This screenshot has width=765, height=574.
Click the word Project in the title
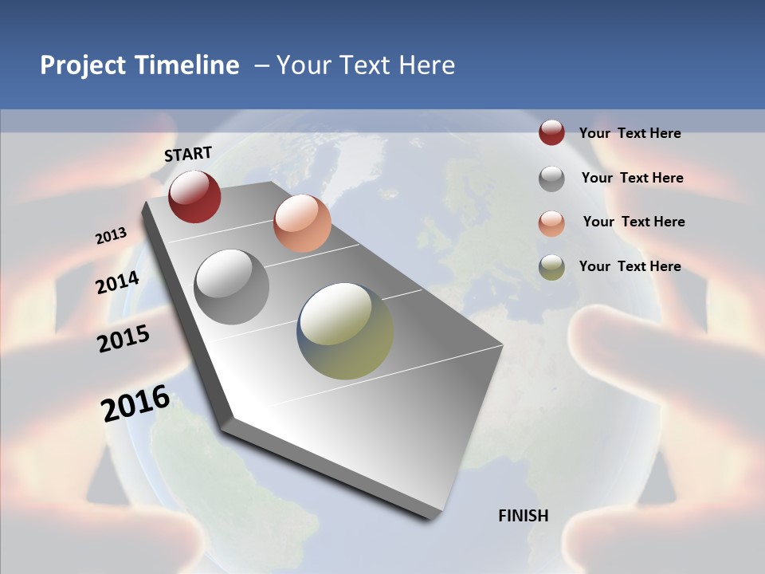click(84, 65)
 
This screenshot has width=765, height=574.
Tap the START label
click(188, 154)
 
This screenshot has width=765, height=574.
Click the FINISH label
click(524, 516)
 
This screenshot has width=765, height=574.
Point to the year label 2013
click(112, 236)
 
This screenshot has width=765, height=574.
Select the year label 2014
click(118, 282)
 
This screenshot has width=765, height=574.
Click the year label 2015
click(124, 339)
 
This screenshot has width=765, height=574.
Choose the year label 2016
click(135, 403)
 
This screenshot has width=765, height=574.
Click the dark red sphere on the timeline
click(194, 196)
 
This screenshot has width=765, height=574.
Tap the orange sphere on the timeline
click(302, 223)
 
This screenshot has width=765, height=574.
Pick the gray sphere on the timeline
click(232, 287)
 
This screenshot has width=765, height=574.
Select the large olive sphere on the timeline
click(345, 331)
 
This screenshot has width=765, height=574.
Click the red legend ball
click(551, 132)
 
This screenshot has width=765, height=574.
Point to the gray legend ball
click(551, 178)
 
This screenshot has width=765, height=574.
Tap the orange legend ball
click(551, 222)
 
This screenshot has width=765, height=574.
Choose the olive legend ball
click(551, 267)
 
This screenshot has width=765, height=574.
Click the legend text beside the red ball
click(630, 133)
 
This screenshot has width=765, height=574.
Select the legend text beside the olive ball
click(630, 266)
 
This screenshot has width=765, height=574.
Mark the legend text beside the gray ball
click(632, 178)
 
